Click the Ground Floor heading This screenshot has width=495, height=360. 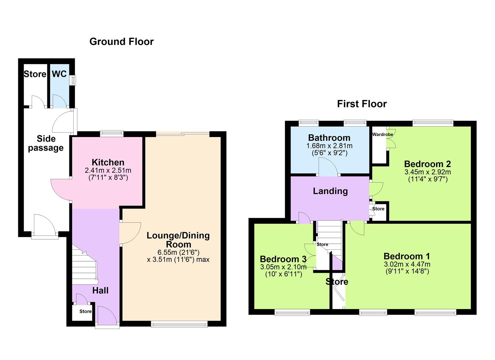[x=121, y=42]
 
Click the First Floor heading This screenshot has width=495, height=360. [x=362, y=104]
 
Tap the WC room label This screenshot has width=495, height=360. [x=59, y=74]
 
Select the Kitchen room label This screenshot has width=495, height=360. [x=108, y=162]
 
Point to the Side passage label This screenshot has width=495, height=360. [x=46, y=143]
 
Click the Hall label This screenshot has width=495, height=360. [x=100, y=290]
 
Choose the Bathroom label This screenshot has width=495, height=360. [x=329, y=138]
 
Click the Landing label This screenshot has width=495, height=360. [x=330, y=191]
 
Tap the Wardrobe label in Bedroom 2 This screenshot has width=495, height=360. [x=382, y=134]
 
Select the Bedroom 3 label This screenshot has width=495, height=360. [x=283, y=259]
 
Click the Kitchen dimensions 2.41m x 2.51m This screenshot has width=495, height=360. [x=108, y=170]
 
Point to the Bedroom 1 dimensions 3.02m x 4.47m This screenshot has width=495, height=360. [x=407, y=264]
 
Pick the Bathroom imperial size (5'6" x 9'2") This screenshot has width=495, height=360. [x=329, y=153]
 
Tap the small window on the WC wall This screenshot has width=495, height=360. [x=73, y=80]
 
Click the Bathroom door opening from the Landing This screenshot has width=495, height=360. [x=328, y=167]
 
